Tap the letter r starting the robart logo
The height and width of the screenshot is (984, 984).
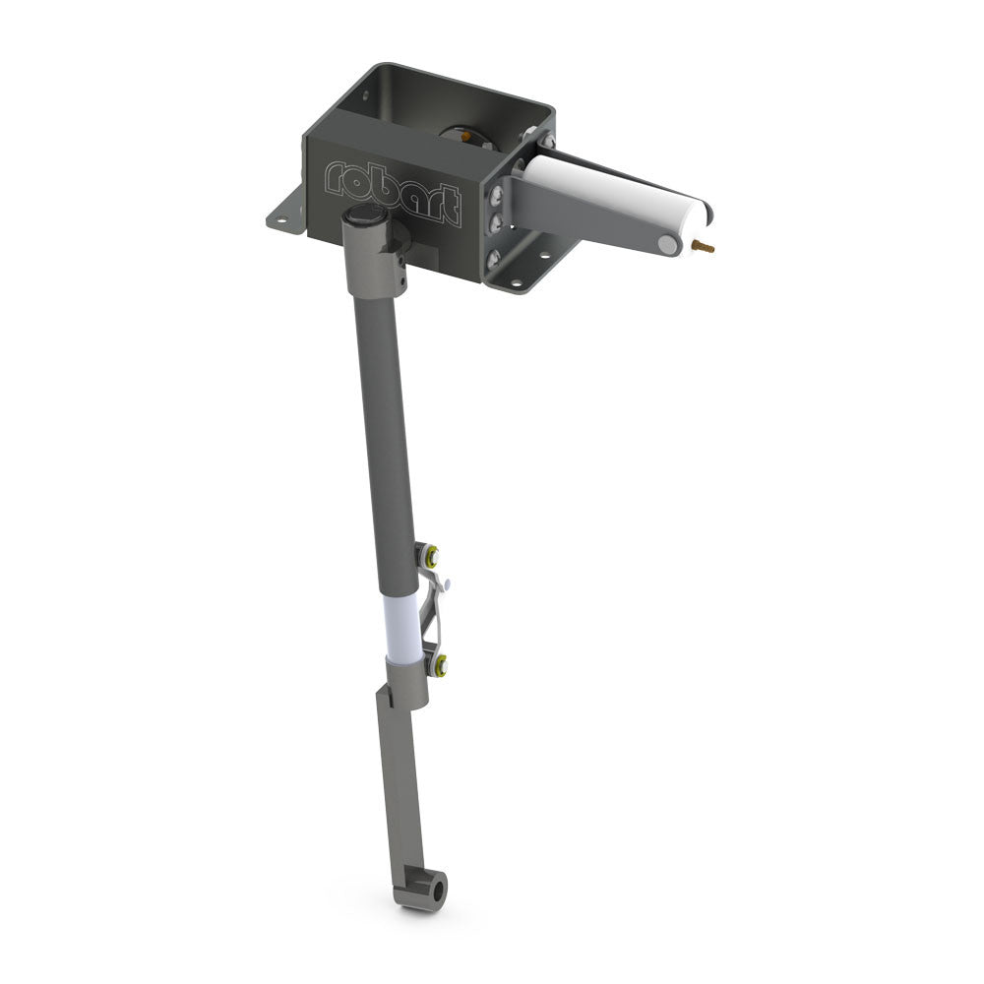[334, 175]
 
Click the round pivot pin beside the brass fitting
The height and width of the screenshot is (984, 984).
[668, 245]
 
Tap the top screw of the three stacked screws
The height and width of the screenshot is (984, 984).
[496, 195]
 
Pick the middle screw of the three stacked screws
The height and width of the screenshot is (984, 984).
[495, 222]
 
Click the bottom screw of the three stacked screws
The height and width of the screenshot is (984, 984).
[493, 257]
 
